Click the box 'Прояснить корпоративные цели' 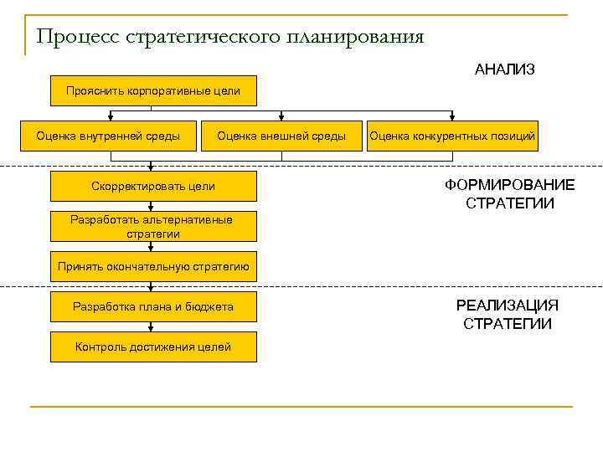tap(153, 91)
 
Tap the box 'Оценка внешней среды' tap(281, 136)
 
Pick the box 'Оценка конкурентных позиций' tap(452, 136)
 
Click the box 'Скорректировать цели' tap(153, 187)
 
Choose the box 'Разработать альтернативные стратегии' tap(153, 227)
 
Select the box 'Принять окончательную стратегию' tap(153, 267)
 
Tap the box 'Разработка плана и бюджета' tap(153, 307)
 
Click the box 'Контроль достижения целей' tap(153, 347)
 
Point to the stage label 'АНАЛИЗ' tap(504, 69)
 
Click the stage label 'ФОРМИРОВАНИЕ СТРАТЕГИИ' tap(509, 193)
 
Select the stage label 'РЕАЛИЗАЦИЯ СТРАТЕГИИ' tap(508, 315)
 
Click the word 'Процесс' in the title tap(77, 38)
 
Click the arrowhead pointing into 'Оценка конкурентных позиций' tap(453, 117)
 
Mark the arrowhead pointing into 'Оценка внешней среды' tap(281, 117)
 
